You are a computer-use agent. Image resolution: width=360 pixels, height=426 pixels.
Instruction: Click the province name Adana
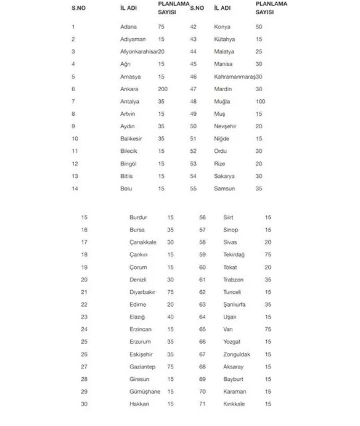pos(128,27)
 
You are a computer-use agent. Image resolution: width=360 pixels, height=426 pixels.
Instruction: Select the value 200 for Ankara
pos(162,89)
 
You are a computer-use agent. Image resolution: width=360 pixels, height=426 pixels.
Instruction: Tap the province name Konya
pos(222,27)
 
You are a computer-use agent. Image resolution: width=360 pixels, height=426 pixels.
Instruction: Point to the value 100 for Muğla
pos(260,101)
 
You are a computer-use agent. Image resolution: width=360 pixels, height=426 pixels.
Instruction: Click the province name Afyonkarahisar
pos(139,51)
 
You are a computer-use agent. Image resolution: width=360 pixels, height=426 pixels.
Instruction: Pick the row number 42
pos(193,27)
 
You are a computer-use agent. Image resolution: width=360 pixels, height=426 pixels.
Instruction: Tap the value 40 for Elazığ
pos(170,317)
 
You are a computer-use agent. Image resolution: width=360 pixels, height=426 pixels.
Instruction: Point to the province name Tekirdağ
pos(234,255)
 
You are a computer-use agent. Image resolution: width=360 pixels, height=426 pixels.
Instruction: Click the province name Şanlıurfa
pos(234,305)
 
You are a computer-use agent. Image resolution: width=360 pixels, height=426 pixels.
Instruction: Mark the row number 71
pos(203,404)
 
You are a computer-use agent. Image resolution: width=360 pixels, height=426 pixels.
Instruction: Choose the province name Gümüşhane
pos(145,392)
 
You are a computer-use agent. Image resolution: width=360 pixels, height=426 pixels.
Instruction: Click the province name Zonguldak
pos(236,354)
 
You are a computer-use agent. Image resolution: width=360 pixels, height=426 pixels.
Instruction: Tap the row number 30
pos(84,404)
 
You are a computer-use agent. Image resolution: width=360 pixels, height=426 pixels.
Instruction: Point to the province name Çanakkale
pos(143,242)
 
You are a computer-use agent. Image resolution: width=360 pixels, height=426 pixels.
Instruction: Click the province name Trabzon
pos(233,280)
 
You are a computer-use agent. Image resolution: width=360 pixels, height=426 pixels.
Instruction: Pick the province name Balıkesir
pos(131,138)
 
